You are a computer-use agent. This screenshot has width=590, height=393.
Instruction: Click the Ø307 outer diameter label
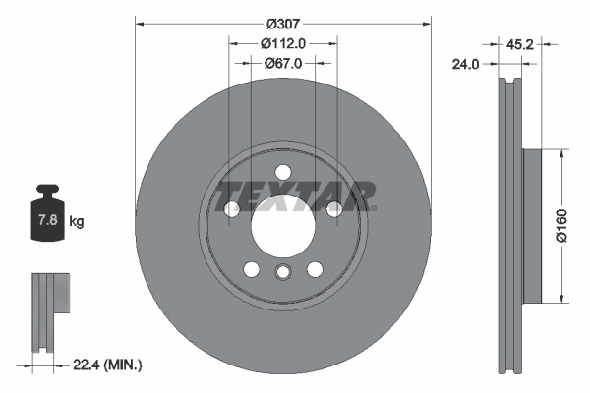282,23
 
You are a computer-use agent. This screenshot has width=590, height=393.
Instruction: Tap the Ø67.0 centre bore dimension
283,62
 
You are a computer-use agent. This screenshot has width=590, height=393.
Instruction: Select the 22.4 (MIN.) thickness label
108,365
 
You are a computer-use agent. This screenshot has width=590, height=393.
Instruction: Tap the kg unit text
77,222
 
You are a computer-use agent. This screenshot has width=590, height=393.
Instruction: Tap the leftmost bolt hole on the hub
231,208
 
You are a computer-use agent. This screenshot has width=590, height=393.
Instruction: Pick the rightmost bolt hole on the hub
334,208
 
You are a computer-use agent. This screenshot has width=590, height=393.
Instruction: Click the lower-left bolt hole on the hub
251,269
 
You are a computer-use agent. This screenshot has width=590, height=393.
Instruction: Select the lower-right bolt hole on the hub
315,269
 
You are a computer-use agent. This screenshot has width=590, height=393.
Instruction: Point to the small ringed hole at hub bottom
282,273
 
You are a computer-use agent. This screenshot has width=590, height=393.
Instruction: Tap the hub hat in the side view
530,225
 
